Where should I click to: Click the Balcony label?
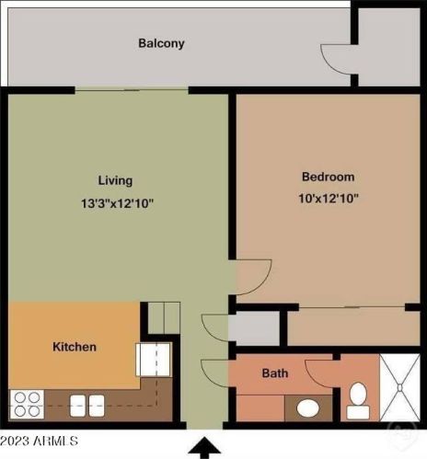pyautogui.click(x=162, y=43)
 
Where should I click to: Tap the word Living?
pyautogui.click(x=116, y=180)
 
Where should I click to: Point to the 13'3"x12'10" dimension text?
pyautogui.click(x=116, y=203)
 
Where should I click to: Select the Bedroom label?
pyautogui.click(x=329, y=177)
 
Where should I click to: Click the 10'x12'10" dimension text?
pyautogui.click(x=329, y=198)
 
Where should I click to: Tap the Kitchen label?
pyautogui.click(x=74, y=347)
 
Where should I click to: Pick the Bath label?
pyautogui.click(x=275, y=373)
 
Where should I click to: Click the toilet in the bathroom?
pyautogui.click(x=358, y=396)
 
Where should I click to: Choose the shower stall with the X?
pyautogui.click(x=400, y=387)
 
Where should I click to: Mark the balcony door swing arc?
pyautogui.click(x=337, y=61)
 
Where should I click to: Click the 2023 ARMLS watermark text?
pyautogui.click(x=39, y=442)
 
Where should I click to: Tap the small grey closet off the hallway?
pyautogui.click(x=253, y=328)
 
